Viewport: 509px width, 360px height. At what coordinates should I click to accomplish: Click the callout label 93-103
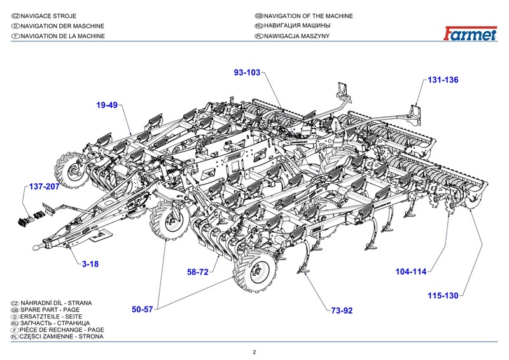(248, 73)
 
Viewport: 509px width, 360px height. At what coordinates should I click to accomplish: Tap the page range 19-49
(108, 105)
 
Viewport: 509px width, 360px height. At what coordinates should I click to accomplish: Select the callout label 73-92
(341, 310)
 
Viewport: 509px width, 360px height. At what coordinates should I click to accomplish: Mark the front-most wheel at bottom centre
(257, 272)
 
